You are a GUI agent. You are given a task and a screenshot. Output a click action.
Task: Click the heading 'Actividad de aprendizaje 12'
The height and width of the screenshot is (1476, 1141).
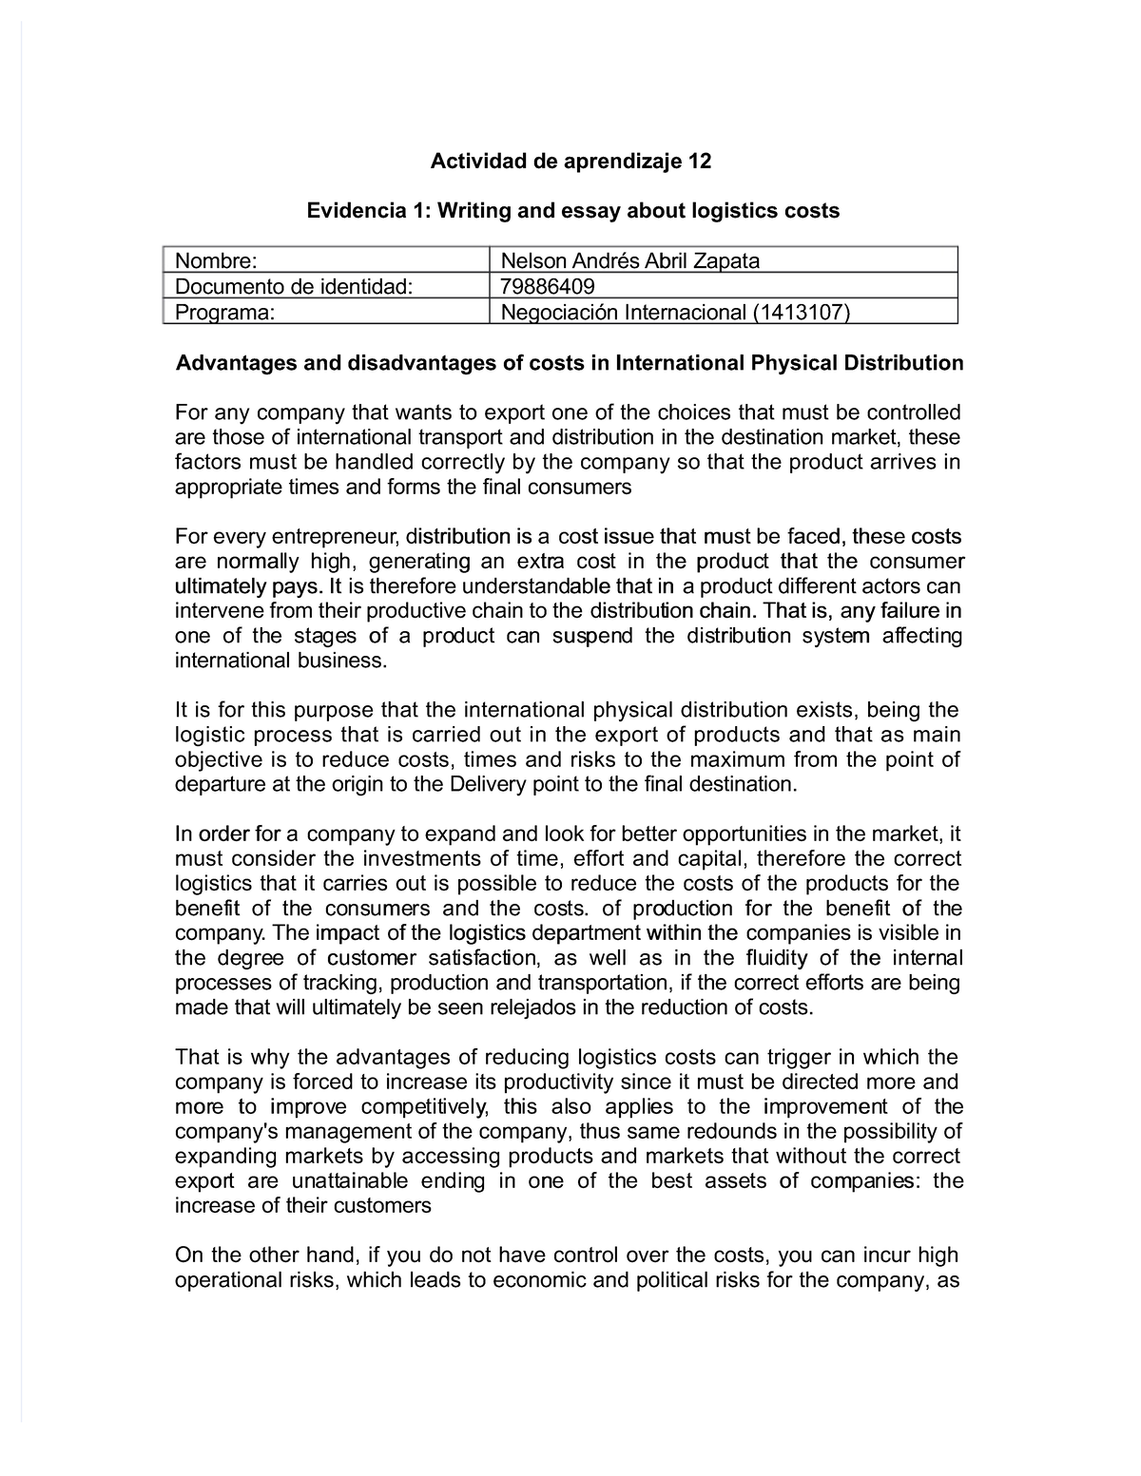pyautogui.click(x=570, y=162)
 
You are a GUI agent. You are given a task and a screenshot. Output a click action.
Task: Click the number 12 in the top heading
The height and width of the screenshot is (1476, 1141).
pyautogui.click(x=700, y=162)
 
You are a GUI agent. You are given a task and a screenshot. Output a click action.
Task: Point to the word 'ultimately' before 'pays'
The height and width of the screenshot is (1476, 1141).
pyautogui.click(x=218, y=585)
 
